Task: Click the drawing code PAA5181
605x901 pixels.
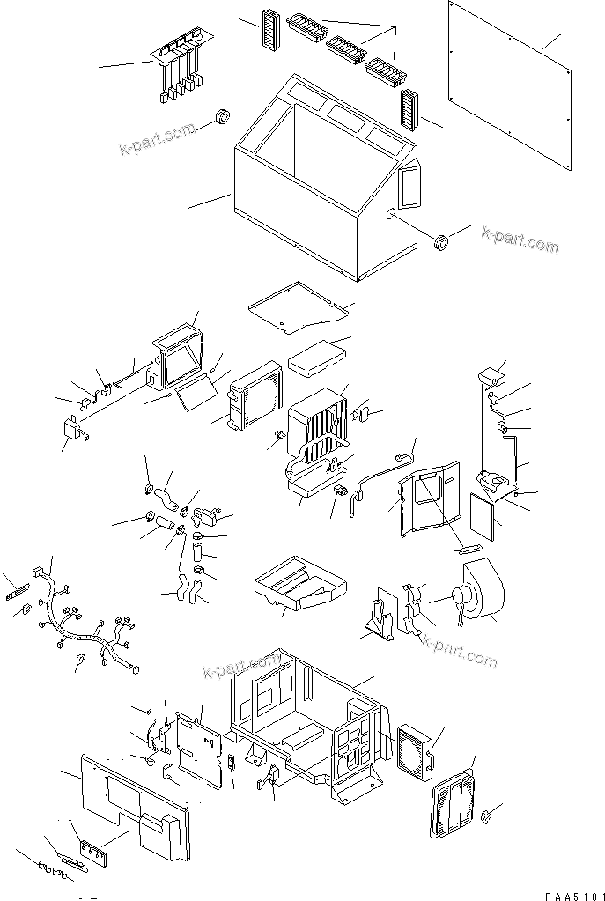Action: click(570, 895)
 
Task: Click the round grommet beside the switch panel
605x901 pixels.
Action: click(223, 117)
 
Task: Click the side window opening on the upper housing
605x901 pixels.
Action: click(409, 188)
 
